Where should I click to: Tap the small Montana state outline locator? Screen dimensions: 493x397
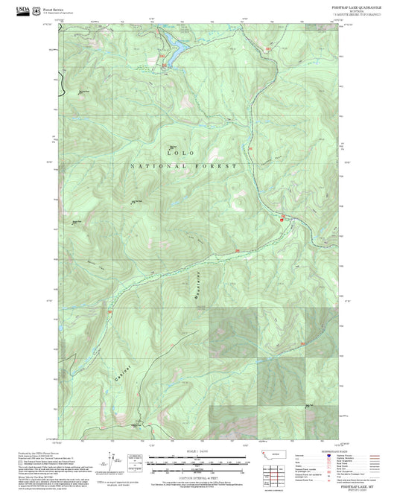[268, 453]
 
